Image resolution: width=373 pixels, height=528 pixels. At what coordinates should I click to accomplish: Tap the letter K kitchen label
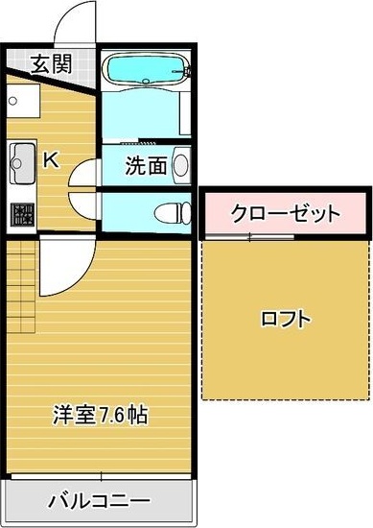click(x=50, y=159)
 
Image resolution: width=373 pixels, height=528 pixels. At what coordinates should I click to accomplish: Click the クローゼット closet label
click(x=284, y=211)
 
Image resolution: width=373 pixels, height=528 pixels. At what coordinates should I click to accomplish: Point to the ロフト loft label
click(x=285, y=319)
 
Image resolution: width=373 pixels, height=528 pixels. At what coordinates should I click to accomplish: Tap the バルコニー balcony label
click(x=99, y=501)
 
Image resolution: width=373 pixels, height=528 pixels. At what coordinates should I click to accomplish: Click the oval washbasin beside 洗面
click(x=181, y=166)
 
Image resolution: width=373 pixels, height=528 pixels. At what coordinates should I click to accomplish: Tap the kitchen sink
click(x=20, y=165)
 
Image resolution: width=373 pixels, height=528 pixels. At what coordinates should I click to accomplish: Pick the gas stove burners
click(x=20, y=215)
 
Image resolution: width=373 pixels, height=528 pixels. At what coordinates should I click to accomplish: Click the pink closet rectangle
click(x=284, y=212)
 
